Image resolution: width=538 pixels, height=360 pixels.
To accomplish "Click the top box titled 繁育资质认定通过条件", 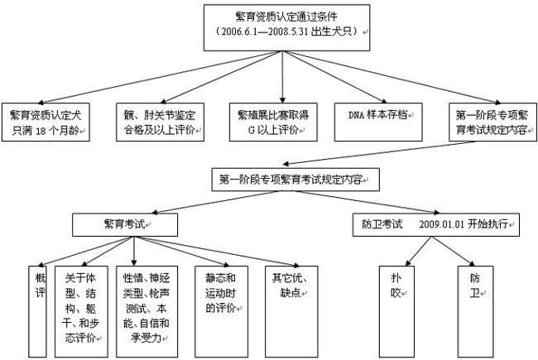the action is (x=287, y=28).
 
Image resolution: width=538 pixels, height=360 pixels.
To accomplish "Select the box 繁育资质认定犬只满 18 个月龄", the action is (x=46, y=122).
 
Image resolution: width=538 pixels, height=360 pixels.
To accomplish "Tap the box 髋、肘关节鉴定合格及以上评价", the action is (x=161, y=122).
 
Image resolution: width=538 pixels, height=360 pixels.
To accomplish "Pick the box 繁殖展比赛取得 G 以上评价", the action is (x=273, y=122).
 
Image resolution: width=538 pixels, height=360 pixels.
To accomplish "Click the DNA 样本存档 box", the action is (x=378, y=122).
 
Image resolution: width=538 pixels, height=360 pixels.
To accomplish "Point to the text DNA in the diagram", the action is (x=356, y=115).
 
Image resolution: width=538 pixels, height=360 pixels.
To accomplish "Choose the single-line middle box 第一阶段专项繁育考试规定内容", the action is (x=295, y=180).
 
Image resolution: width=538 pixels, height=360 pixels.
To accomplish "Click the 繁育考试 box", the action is (x=125, y=225).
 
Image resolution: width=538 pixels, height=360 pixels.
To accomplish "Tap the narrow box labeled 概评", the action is (x=38, y=312).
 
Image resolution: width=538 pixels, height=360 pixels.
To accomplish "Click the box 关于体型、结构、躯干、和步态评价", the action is (x=81, y=312).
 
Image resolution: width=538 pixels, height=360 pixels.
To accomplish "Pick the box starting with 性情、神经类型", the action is (x=147, y=312).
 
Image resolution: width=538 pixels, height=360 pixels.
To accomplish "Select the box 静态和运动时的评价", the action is (x=221, y=312).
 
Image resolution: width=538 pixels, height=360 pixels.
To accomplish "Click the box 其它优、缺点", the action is (x=291, y=312).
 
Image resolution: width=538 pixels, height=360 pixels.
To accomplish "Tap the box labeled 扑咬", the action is (x=396, y=312).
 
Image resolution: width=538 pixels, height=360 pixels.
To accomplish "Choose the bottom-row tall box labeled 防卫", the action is (x=475, y=312).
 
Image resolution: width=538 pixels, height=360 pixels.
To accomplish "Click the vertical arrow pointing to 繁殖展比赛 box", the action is (x=282, y=77).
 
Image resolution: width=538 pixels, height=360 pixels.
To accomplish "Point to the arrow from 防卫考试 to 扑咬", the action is (x=418, y=252).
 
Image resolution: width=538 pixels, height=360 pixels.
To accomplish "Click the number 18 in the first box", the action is (x=41, y=131).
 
